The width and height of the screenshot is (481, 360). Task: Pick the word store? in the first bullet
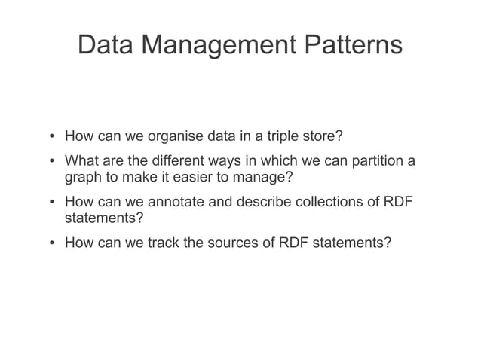325,137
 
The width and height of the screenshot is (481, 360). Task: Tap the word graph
83,178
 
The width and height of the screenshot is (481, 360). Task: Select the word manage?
265,178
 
